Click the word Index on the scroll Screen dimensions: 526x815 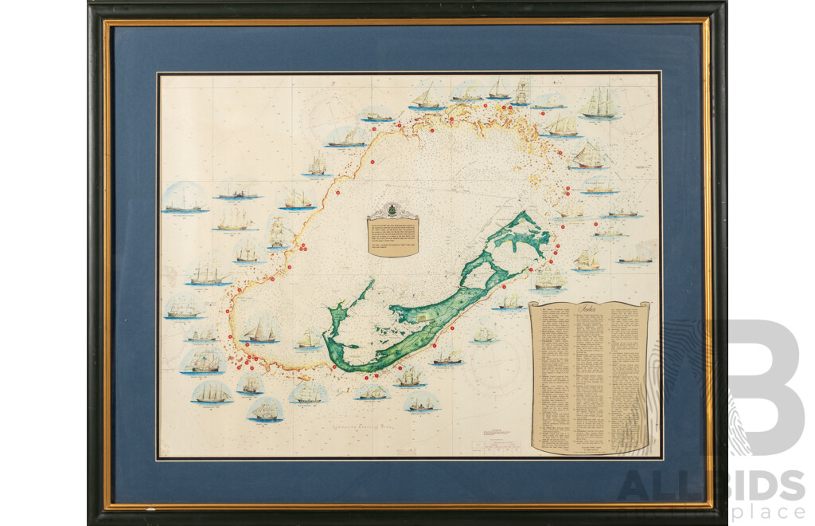(589, 308)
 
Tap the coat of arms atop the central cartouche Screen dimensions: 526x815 (392, 210)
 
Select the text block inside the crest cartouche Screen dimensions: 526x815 (392, 235)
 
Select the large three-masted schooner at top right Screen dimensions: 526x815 (601, 104)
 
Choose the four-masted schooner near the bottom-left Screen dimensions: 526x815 (212, 392)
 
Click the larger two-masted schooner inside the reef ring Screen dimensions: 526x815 (260, 330)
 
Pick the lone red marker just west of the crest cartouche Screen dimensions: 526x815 (337, 193)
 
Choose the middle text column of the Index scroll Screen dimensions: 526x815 (589, 375)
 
